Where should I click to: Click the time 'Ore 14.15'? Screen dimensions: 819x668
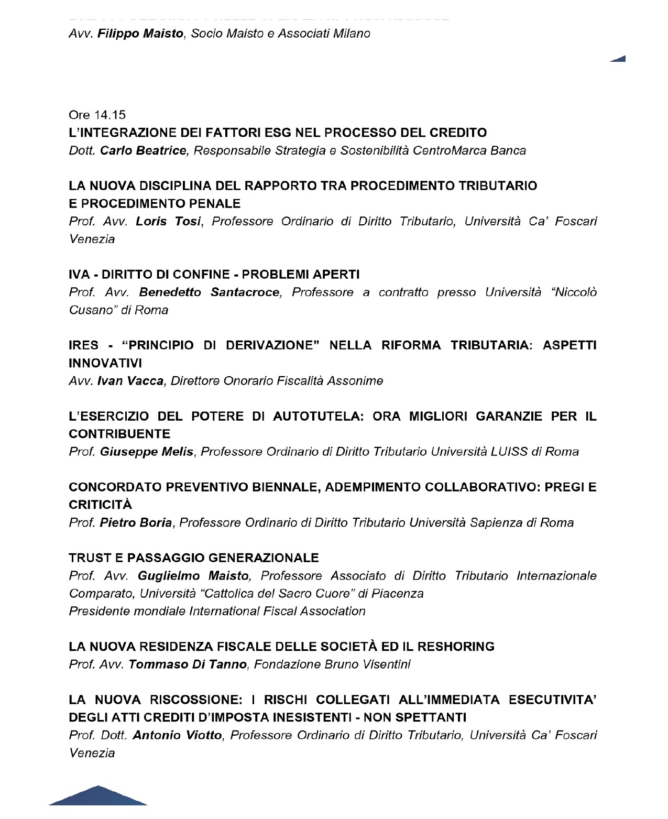point(97,115)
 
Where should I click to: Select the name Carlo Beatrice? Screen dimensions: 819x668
point(143,150)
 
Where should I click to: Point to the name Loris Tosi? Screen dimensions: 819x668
point(168,222)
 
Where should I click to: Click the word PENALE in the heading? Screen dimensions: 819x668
point(218,203)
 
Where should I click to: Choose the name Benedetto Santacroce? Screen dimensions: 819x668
point(210,292)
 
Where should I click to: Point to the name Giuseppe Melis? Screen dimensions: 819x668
point(147,452)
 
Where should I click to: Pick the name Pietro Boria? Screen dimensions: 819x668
point(136,523)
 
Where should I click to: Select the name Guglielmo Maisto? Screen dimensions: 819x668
point(193,576)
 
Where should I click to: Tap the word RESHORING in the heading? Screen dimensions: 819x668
point(455,647)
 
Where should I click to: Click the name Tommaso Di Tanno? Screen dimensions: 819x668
point(188,665)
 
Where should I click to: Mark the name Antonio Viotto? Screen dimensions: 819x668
point(177,736)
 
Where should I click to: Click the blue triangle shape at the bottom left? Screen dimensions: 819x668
point(98,796)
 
